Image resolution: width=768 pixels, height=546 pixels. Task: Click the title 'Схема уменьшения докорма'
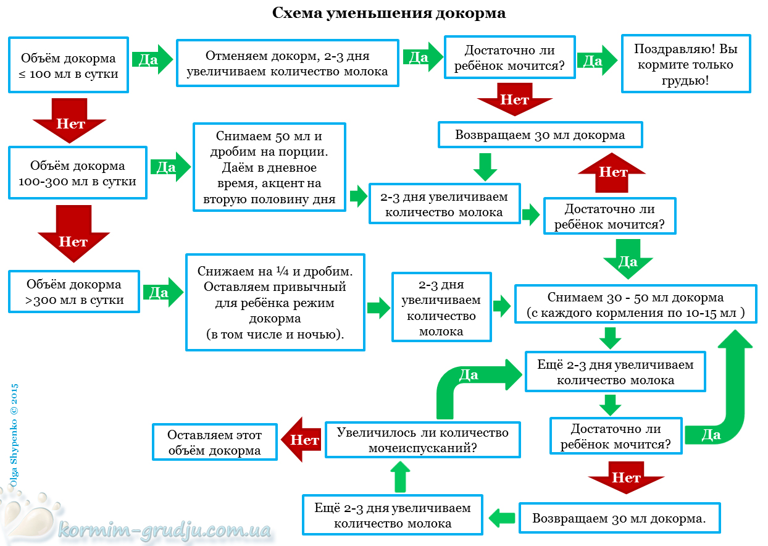pyautogui.click(x=389, y=13)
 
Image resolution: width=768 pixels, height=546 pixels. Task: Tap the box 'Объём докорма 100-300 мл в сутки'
pyautogui.click(x=78, y=173)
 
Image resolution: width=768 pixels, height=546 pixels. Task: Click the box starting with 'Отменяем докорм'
pyautogui.click(x=288, y=64)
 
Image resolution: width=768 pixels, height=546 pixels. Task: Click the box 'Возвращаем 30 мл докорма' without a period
pyautogui.click(x=540, y=135)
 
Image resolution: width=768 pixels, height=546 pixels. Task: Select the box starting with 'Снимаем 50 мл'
pyautogui.click(x=269, y=167)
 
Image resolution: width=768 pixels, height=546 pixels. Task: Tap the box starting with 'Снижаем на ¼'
pyautogui.click(x=275, y=302)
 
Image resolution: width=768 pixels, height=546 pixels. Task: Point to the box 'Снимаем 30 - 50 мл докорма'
pyautogui.click(x=635, y=304)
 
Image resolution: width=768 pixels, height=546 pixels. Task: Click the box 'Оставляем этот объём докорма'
pyautogui.click(x=215, y=442)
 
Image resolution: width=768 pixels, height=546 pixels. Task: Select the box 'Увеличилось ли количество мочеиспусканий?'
pyautogui.click(x=422, y=439)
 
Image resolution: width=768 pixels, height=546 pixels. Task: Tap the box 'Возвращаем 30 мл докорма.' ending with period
pyautogui.click(x=619, y=518)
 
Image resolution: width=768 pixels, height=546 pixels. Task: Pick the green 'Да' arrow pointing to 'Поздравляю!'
pyautogui.click(x=596, y=60)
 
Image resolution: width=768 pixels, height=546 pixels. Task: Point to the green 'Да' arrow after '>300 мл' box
pyautogui.click(x=163, y=292)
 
